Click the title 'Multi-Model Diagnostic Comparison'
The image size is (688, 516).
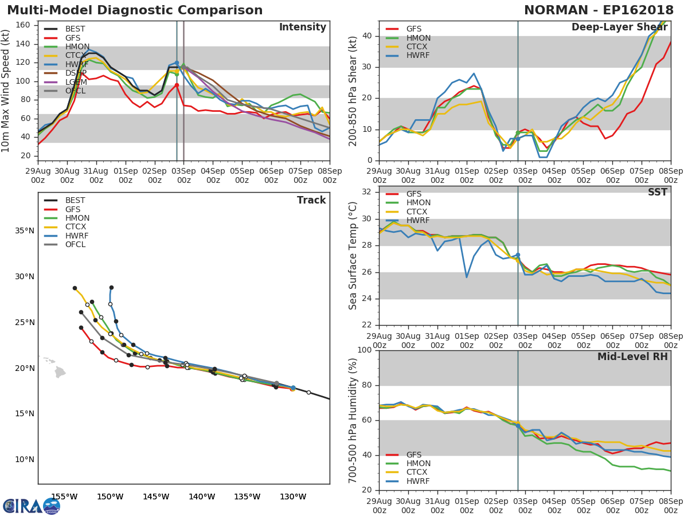point(135,10)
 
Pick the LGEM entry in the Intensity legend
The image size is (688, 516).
point(76,82)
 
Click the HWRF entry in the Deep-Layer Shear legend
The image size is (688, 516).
point(417,56)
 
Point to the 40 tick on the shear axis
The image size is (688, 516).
point(368,36)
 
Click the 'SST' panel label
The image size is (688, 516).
point(657,192)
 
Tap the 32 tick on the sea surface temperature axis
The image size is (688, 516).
point(368,191)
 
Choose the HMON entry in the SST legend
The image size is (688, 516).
point(418,203)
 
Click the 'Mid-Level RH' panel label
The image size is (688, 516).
point(632,357)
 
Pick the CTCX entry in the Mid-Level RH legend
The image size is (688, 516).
point(418,472)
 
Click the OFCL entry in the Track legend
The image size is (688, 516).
point(75,244)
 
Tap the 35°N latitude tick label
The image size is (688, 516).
point(24,231)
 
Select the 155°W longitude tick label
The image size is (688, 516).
point(64,497)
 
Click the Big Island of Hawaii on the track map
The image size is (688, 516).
point(60,372)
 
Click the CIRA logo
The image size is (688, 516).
point(32,506)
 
